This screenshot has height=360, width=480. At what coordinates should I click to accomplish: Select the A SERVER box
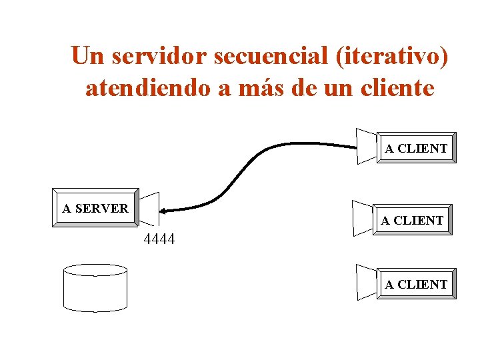tap(95, 209)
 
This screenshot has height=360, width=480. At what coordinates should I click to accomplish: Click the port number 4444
tap(159, 239)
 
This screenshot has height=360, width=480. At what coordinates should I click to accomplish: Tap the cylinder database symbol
tap(95, 287)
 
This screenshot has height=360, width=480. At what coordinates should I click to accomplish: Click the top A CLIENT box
tap(416, 149)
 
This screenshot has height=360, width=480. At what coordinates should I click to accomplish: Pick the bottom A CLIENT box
tap(416, 285)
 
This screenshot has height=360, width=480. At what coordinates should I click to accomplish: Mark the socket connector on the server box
tap(149, 209)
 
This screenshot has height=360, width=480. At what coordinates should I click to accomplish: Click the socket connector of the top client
tap(367, 145)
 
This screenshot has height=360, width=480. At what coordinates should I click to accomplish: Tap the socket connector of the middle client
tap(363, 217)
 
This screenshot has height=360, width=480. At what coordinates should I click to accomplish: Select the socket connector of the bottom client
tap(367, 281)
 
